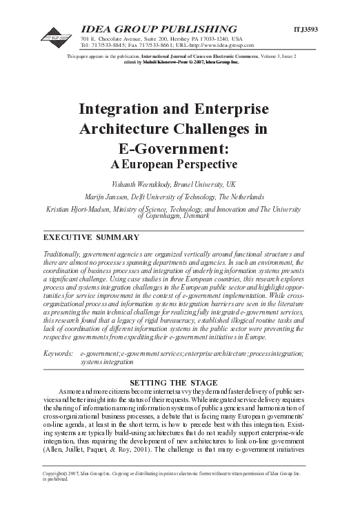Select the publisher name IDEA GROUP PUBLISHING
159,28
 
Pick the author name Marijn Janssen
119,197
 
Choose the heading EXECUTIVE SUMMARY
86,237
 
